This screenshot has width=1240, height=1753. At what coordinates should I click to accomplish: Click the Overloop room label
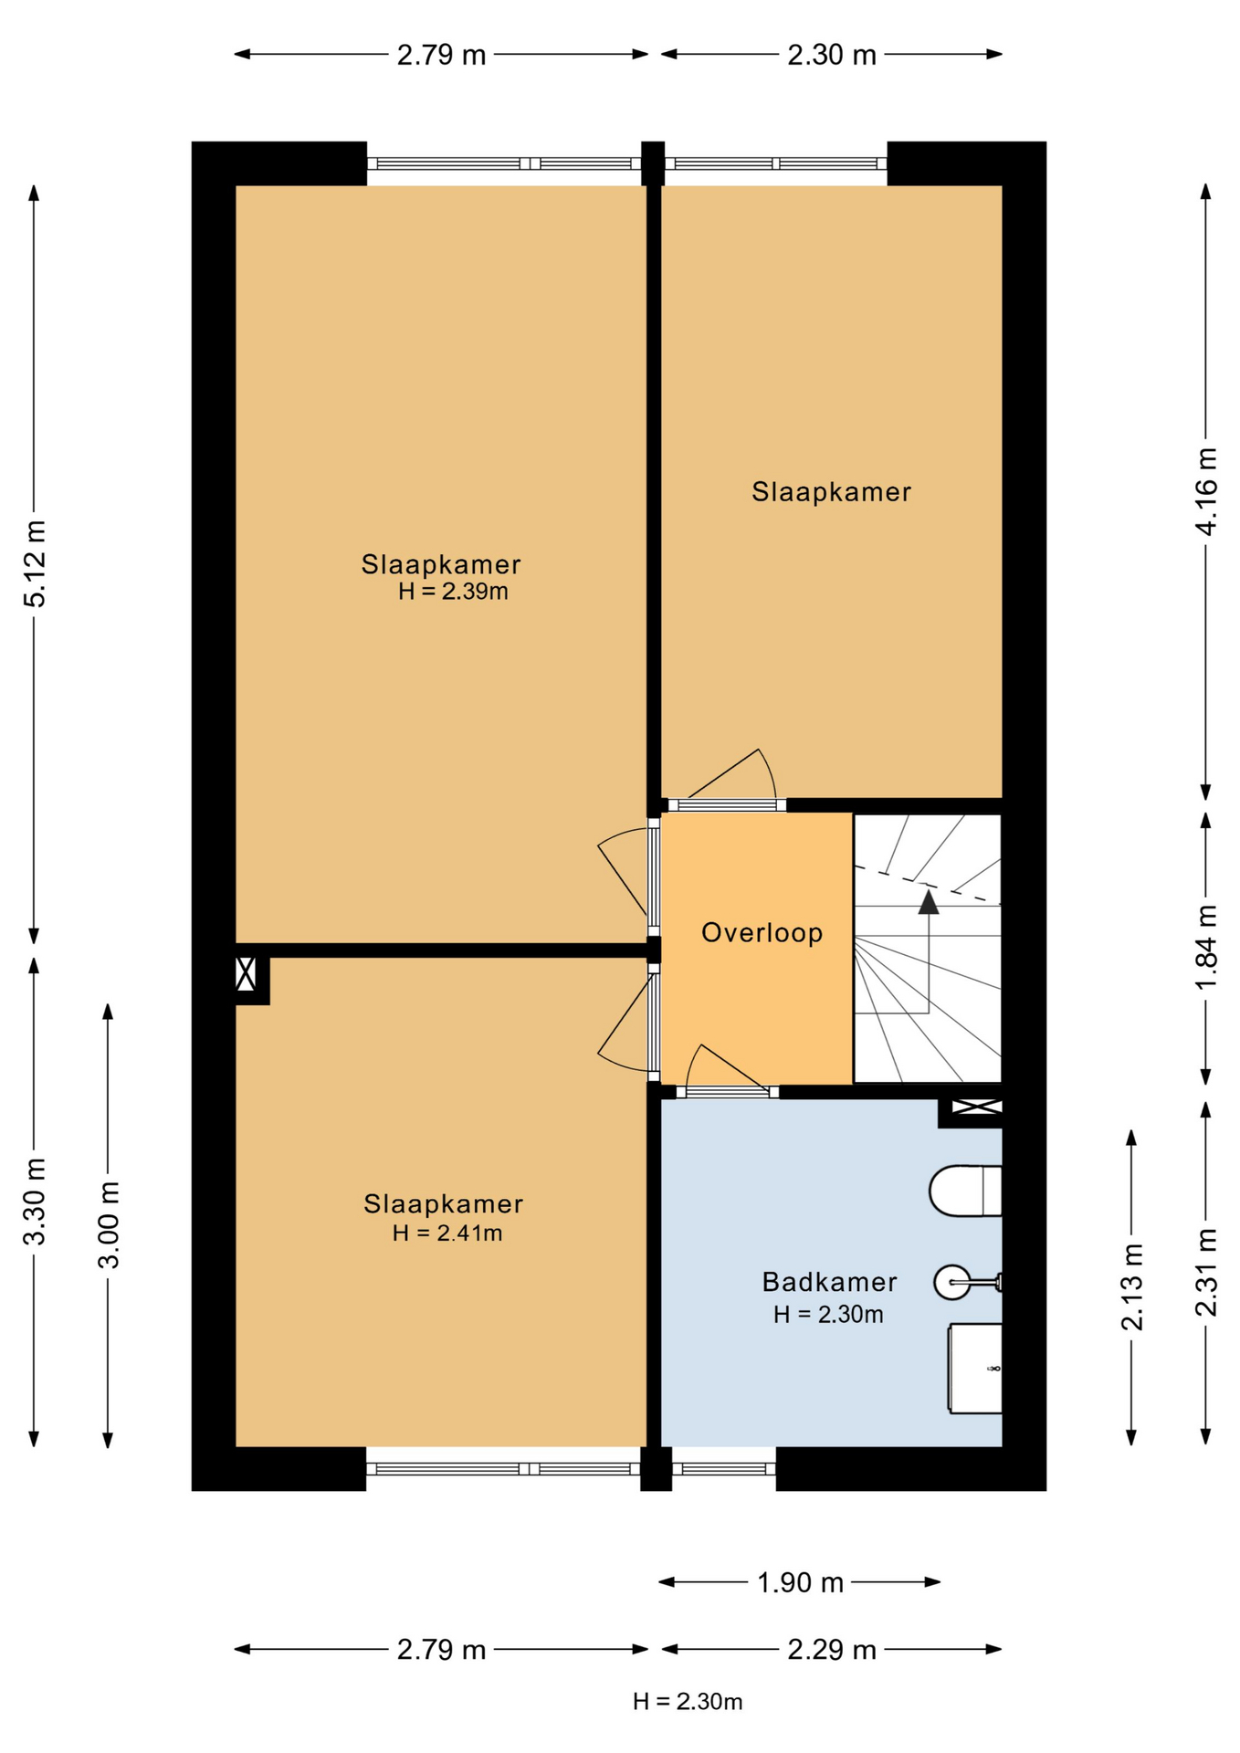coord(762,932)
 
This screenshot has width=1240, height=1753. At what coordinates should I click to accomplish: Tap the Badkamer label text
coord(829,1282)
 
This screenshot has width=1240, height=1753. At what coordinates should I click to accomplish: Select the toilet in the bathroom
coord(964,1191)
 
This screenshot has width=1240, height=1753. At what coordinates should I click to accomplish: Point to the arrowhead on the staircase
coord(929,903)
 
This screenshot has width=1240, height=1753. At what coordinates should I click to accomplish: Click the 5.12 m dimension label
coord(35,563)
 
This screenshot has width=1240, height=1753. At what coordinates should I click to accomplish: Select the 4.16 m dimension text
coord(1206,491)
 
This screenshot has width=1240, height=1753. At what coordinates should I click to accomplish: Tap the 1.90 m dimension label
coord(800,1582)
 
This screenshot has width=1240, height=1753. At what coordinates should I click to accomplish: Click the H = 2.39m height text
coord(453,592)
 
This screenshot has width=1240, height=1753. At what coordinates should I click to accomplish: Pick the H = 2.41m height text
coord(447,1233)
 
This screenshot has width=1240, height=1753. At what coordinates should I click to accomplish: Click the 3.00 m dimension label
coord(108,1224)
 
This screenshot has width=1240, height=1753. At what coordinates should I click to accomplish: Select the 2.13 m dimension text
coord(1131,1287)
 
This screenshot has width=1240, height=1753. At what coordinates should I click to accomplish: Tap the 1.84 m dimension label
coord(1206,946)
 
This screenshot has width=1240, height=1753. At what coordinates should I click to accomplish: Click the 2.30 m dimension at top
coord(831,55)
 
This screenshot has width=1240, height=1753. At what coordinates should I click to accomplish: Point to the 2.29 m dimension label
coord(831,1650)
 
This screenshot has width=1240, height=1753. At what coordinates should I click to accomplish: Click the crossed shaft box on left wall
coord(246,973)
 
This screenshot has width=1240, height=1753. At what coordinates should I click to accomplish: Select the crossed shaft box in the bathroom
coord(976,1107)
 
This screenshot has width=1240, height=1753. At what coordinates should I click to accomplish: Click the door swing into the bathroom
coord(721,1068)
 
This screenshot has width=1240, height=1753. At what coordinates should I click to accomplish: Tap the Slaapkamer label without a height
coord(831,492)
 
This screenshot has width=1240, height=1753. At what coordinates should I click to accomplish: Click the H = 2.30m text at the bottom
coord(688,1702)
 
